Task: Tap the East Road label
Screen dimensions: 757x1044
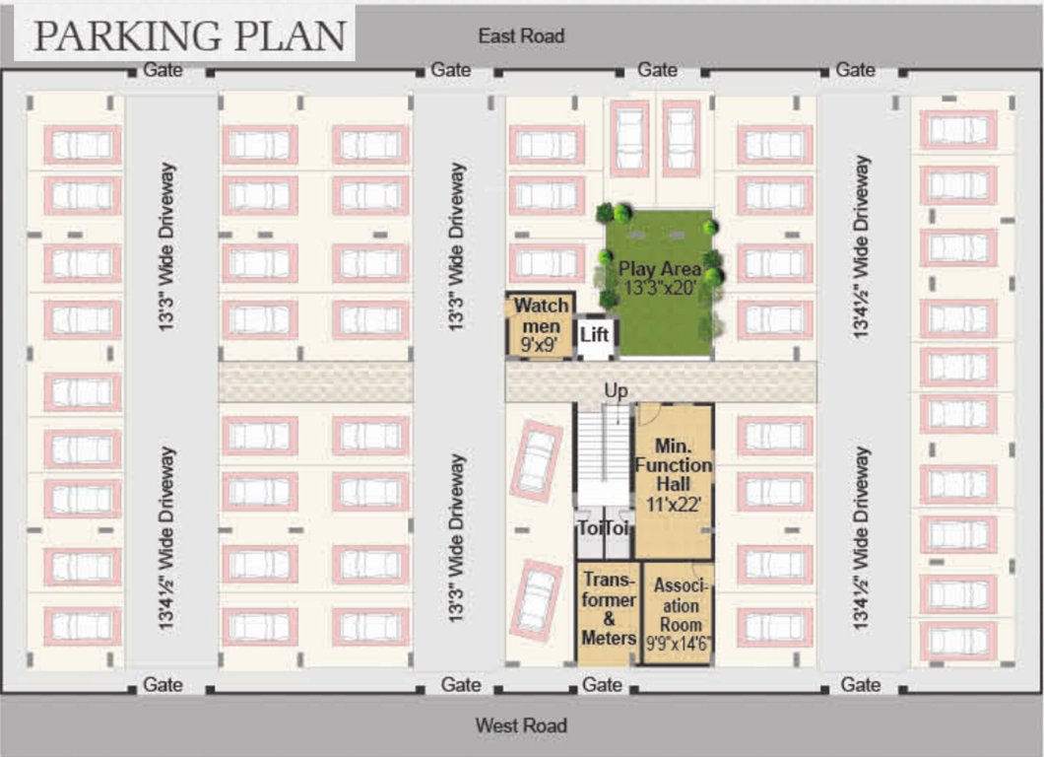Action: pyautogui.click(x=521, y=36)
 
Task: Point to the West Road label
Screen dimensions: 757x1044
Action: pyautogui.click(x=521, y=725)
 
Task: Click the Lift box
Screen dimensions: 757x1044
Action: pyautogui.click(x=594, y=335)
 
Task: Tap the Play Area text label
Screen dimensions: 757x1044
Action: pyautogui.click(x=659, y=269)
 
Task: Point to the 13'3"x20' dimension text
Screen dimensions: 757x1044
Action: pyautogui.click(x=659, y=287)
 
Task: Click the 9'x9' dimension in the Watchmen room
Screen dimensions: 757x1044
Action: pyautogui.click(x=540, y=345)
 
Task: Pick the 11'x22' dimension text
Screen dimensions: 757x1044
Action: pyautogui.click(x=674, y=503)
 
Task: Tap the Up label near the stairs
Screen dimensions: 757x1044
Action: pyautogui.click(x=616, y=391)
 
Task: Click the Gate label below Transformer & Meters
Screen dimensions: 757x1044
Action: pyautogui.click(x=602, y=685)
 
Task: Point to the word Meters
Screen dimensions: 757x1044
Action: pyautogui.click(x=608, y=639)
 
